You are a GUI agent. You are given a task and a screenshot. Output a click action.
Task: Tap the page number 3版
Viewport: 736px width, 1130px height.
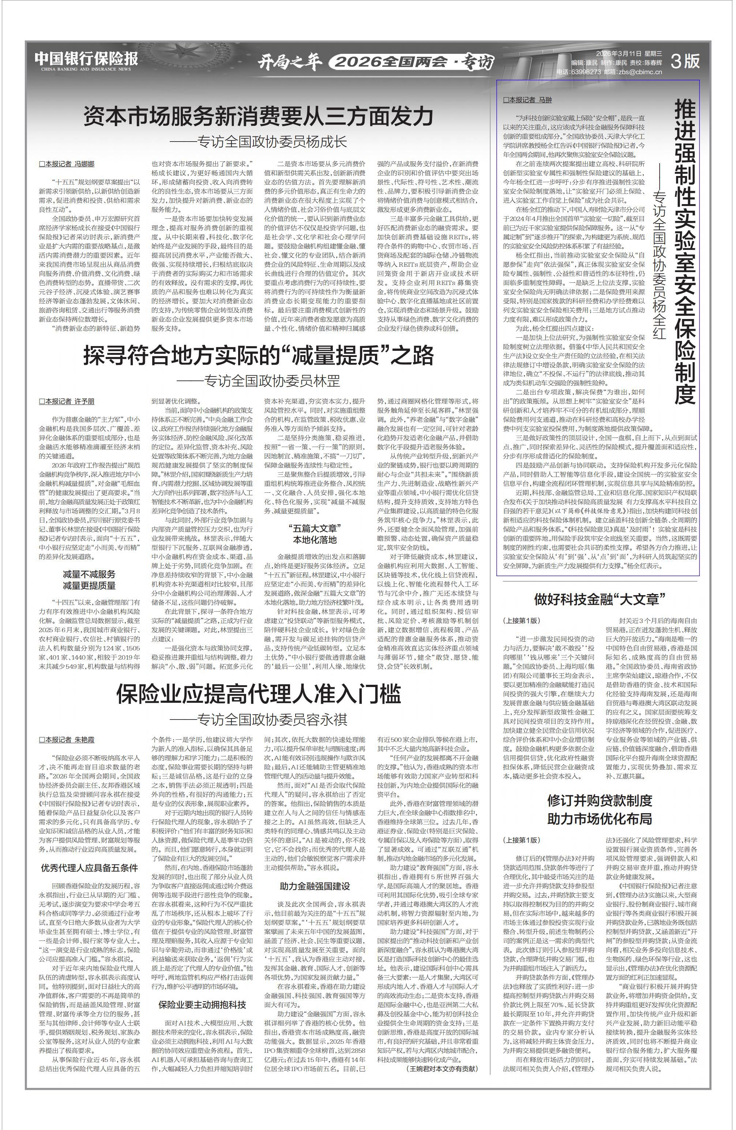(x=685, y=61)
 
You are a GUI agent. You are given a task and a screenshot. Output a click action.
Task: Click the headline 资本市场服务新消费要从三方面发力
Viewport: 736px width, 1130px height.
(x=258, y=116)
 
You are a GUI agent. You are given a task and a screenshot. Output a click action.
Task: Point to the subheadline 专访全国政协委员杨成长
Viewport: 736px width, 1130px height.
(x=259, y=142)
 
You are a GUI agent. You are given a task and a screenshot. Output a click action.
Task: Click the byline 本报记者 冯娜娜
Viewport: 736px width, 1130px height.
(x=67, y=164)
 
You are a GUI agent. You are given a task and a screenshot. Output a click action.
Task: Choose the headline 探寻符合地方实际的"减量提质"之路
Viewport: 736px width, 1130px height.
(x=258, y=355)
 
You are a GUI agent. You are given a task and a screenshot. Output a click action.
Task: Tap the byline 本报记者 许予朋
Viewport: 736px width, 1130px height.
(x=67, y=402)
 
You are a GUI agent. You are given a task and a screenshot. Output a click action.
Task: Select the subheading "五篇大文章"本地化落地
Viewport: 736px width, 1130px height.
(x=315, y=534)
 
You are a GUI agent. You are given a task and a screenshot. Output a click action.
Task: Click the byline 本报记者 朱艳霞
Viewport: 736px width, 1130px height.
(x=67, y=740)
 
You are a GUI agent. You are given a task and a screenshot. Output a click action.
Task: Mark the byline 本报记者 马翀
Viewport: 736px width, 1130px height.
(x=527, y=100)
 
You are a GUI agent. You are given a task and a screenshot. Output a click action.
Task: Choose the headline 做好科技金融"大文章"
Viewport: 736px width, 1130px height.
(x=599, y=599)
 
